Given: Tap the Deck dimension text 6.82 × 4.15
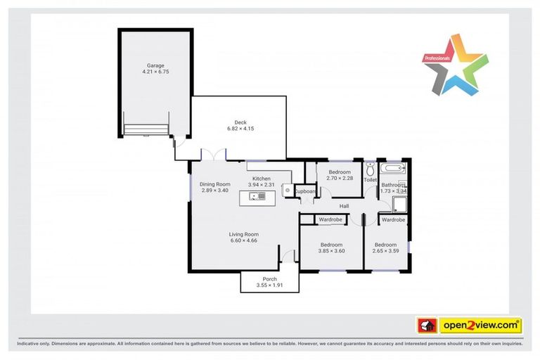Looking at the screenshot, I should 240,129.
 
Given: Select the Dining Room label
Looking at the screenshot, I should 215,184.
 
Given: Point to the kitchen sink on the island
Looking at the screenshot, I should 257,196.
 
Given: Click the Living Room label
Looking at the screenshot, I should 244,235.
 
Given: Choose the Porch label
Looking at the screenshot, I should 269,279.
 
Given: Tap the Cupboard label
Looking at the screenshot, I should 305,191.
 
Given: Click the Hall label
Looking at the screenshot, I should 345,205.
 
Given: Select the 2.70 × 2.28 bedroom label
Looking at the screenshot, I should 339,172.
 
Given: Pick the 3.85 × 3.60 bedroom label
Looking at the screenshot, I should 331,245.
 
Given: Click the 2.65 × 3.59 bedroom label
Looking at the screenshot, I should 386,245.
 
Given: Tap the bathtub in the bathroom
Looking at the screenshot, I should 392,169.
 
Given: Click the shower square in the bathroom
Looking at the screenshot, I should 399,204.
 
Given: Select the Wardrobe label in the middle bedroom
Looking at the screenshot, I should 330,220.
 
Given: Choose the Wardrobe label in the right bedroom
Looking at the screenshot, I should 393,220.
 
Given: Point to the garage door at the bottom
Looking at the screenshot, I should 146,130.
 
